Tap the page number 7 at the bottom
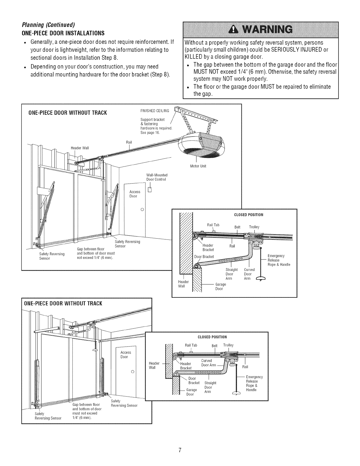(180, 450)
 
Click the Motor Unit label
(198, 166)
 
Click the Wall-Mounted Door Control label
(157, 177)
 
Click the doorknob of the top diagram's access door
(142, 209)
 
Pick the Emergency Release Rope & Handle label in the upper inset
(279, 260)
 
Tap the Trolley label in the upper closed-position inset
(254, 227)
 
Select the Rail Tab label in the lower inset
(191, 345)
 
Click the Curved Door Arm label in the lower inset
(209, 363)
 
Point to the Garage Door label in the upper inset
(221, 287)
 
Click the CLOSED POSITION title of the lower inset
(212, 337)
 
